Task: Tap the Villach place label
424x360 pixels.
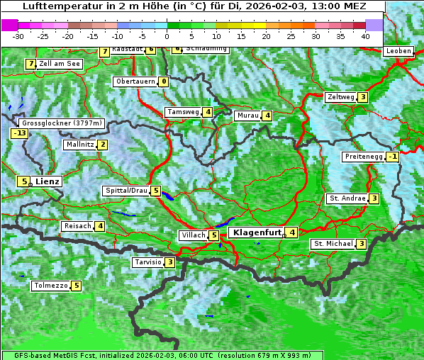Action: click(x=192, y=235)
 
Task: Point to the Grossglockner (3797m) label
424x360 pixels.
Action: click(x=62, y=123)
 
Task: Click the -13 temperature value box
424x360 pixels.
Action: click(x=19, y=133)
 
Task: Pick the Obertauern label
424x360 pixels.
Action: click(x=135, y=81)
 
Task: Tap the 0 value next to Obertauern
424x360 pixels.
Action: click(x=164, y=81)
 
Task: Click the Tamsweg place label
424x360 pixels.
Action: click(x=183, y=112)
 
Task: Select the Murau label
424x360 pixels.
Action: click(x=247, y=116)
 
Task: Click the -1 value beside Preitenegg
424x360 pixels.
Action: click(x=392, y=157)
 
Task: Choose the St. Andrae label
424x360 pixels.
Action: click(x=347, y=198)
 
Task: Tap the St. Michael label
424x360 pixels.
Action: click(x=333, y=244)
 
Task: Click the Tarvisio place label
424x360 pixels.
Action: click(x=147, y=262)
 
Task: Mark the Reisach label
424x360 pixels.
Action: click(x=77, y=226)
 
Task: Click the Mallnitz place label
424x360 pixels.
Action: click(x=79, y=145)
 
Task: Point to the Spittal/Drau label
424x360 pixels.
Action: click(x=126, y=191)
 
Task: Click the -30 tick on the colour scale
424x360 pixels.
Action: click(x=19, y=35)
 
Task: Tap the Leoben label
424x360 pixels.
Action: click(x=398, y=51)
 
